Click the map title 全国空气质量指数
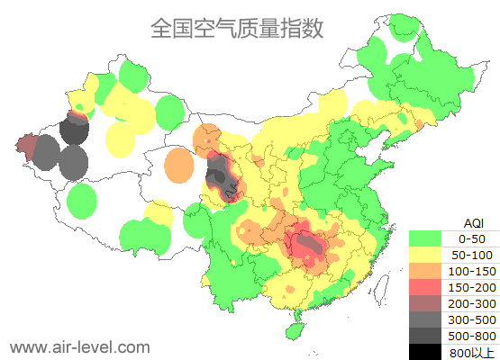coord(236,28)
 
